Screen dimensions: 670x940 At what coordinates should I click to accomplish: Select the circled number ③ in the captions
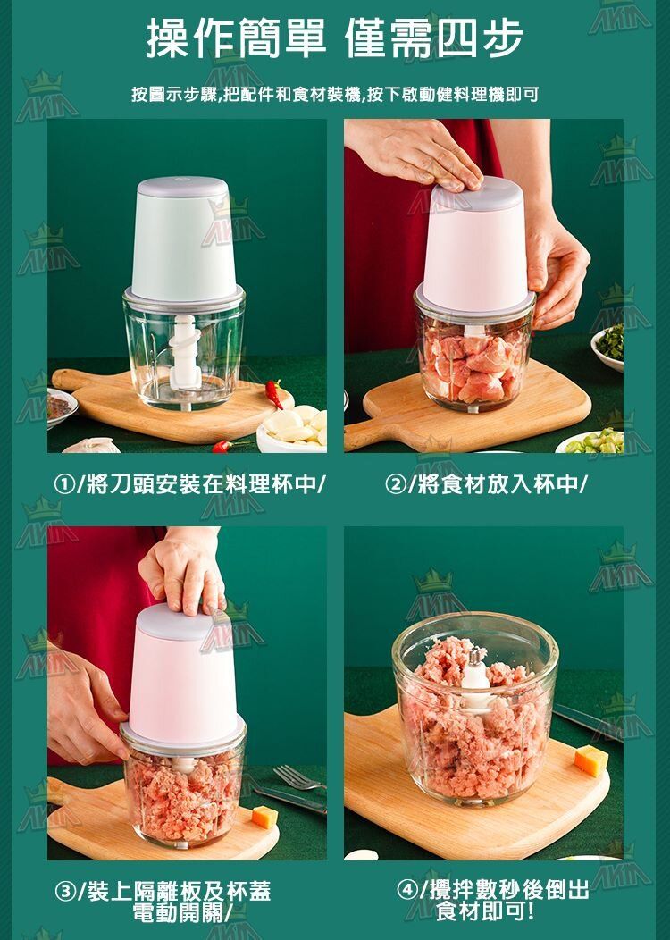click(64, 892)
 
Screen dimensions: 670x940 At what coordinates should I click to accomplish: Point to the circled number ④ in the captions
click(407, 890)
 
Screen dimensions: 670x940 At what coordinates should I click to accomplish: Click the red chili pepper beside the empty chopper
click(274, 392)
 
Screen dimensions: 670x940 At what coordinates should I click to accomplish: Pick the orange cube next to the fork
click(264, 817)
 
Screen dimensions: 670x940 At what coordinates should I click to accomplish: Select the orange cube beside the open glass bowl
click(591, 760)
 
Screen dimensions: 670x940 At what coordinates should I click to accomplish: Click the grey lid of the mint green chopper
click(182, 187)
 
